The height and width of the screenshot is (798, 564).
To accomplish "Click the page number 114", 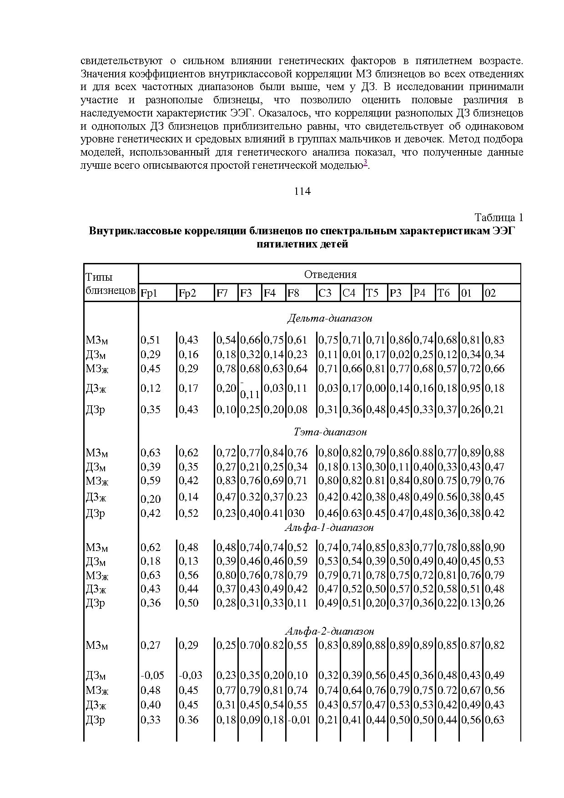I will click(x=302, y=191).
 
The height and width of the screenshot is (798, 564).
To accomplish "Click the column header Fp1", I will click(x=149, y=293).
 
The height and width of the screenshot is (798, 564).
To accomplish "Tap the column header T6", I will click(x=444, y=293).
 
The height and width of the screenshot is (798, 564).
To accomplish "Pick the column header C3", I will click(x=325, y=293).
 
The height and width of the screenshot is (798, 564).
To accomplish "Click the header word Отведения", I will click(x=330, y=274).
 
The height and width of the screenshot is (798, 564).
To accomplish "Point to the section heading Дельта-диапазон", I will click(x=330, y=318).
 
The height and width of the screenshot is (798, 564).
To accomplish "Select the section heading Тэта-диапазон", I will click(x=330, y=431).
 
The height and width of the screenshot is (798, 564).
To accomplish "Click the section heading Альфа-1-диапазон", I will click(x=329, y=527).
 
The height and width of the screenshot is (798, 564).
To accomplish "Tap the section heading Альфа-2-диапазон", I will click(x=329, y=631).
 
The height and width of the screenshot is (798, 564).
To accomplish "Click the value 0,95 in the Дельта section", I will click(x=471, y=388).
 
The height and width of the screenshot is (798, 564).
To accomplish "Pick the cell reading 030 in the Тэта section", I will click(x=296, y=513).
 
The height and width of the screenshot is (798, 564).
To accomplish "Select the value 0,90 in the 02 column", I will click(x=494, y=547).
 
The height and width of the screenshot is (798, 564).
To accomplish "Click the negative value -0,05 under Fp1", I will click(x=152, y=675).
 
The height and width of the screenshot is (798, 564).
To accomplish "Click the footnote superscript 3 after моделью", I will click(x=365, y=163).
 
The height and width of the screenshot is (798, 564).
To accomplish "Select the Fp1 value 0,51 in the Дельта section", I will click(x=150, y=340).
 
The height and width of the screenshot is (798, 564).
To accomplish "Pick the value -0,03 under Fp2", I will click(x=190, y=675).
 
